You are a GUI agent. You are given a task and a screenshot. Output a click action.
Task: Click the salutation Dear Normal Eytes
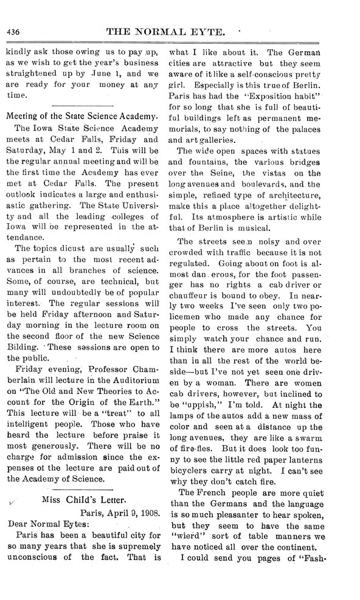47,527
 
